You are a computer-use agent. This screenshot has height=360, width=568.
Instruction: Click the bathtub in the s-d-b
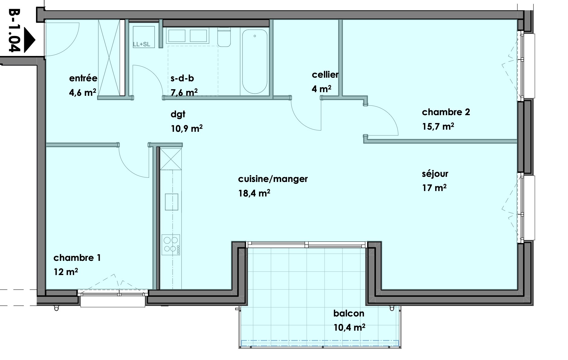[255, 61]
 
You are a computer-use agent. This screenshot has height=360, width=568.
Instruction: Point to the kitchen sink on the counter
[171, 202]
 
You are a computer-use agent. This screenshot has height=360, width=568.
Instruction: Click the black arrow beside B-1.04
[29, 40]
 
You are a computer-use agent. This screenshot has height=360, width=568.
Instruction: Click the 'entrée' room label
[83, 78]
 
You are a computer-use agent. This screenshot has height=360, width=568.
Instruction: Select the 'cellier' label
[325, 74]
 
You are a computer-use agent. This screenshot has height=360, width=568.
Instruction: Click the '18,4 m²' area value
[254, 193]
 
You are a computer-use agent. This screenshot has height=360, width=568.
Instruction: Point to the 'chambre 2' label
[446, 112]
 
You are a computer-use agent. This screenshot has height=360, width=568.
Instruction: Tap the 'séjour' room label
[435, 174]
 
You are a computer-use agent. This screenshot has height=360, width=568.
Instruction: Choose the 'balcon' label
[349, 313]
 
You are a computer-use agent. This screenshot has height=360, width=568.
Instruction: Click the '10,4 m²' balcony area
[349, 327]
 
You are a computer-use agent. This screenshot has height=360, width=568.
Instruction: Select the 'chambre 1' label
[77, 258]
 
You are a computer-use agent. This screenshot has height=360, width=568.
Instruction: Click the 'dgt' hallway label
[178, 115]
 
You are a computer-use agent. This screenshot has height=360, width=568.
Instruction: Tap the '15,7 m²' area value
[438, 126]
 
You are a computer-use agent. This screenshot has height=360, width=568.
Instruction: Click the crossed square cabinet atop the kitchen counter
[171, 159]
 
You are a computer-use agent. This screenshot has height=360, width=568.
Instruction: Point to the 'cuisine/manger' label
[273, 179]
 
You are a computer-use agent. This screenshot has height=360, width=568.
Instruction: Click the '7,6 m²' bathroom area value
[184, 92]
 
